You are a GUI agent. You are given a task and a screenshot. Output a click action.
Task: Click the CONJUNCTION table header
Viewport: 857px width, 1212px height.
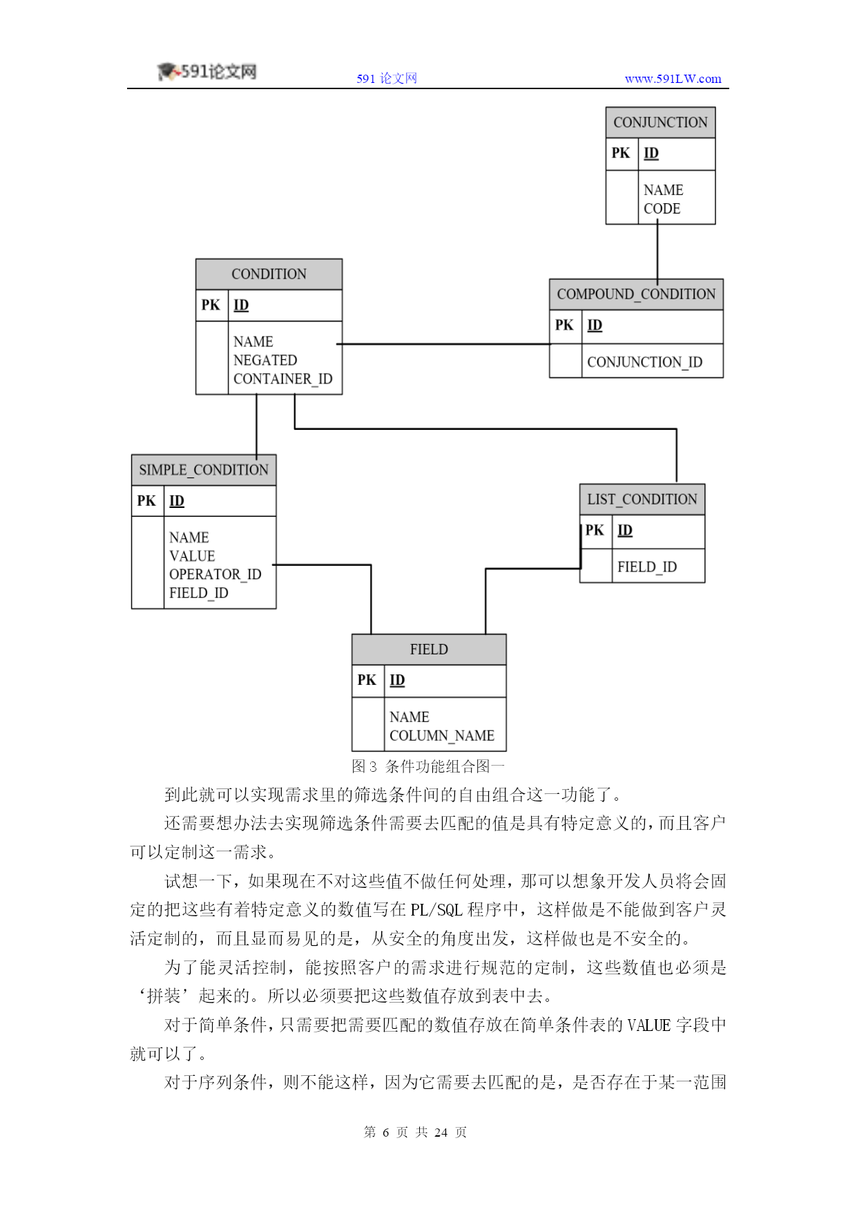(660, 122)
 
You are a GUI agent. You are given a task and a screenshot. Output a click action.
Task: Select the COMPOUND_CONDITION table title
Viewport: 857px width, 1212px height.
(636, 294)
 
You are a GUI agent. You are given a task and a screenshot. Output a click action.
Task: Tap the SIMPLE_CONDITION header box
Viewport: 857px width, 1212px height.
(204, 470)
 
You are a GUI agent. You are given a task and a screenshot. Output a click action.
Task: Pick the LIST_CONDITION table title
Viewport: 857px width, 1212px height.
(642, 499)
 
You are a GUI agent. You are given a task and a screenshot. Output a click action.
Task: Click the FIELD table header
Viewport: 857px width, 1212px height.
(429, 650)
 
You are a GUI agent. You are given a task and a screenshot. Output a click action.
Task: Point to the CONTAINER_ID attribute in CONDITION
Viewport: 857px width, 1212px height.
(283, 379)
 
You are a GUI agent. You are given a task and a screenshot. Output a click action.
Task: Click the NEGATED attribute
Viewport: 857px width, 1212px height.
(265, 361)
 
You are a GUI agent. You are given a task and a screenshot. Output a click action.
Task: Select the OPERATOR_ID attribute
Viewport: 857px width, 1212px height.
(215, 575)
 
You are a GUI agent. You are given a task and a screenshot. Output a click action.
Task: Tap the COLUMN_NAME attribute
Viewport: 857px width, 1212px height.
(442, 736)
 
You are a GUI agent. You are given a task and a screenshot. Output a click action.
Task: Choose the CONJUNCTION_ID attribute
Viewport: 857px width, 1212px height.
(645, 363)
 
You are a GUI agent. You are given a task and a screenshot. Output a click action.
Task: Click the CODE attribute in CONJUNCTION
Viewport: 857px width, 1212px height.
(662, 209)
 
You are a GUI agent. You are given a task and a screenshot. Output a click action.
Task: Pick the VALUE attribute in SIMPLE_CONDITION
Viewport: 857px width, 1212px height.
(192, 556)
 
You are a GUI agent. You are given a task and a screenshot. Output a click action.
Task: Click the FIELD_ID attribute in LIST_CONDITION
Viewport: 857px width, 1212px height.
(647, 567)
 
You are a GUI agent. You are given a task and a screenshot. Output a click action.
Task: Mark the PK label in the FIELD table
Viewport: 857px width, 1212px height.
(367, 680)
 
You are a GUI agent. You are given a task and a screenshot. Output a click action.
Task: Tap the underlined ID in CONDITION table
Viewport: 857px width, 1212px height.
(241, 305)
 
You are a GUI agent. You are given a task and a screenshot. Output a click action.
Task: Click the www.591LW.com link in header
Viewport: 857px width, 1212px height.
(673, 79)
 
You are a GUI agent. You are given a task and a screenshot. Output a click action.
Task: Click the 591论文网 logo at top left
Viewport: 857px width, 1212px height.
(207, 72)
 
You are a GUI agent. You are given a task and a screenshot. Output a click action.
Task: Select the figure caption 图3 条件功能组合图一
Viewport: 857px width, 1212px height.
(428, 766)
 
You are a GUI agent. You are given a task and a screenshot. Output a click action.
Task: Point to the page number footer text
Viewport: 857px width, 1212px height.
(416, 1132)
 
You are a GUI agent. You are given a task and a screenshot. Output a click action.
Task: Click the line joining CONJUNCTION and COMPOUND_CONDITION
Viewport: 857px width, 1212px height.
(657, 252)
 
